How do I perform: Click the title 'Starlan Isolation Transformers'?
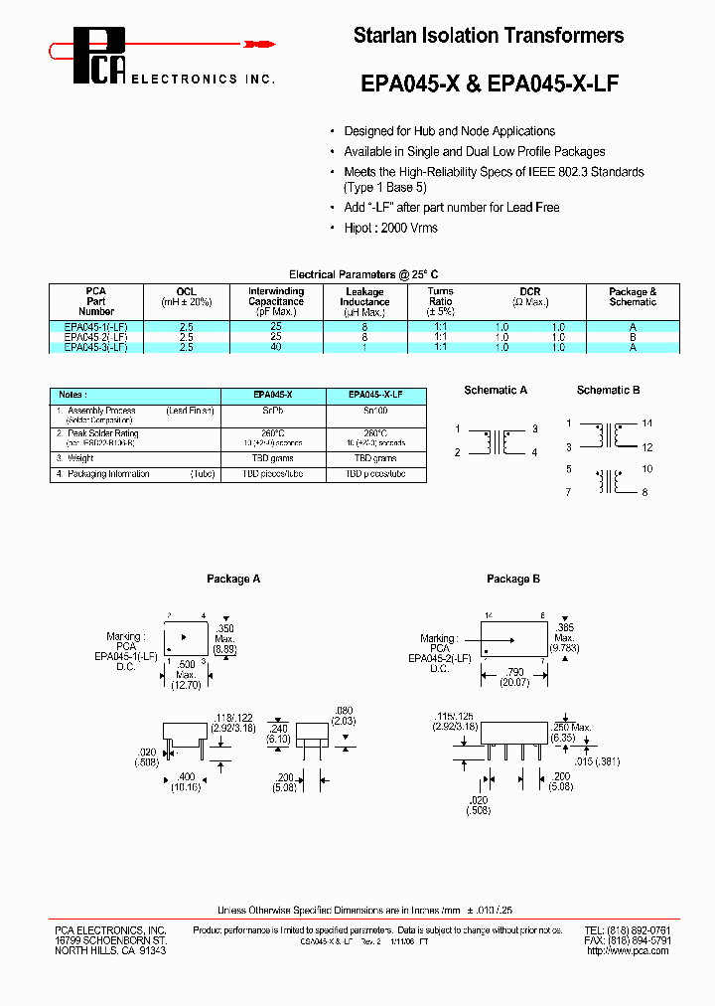[x=489, y=36]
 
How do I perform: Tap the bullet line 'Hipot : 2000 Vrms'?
[x=390, y=228]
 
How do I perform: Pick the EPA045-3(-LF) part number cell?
[x=95, y=347]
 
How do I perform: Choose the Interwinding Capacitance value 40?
[x=275, y=347]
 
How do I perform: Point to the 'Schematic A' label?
[x=496, y=391]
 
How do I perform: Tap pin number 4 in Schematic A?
[x=533, y=453]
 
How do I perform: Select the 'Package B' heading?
[x=513, y=579]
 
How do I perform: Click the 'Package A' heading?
[x=233, y=579]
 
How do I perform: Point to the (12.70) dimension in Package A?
[x=187, y=684]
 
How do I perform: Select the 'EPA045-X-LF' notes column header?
[x=375, y=395]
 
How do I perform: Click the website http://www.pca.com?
[x=629, y=951]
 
